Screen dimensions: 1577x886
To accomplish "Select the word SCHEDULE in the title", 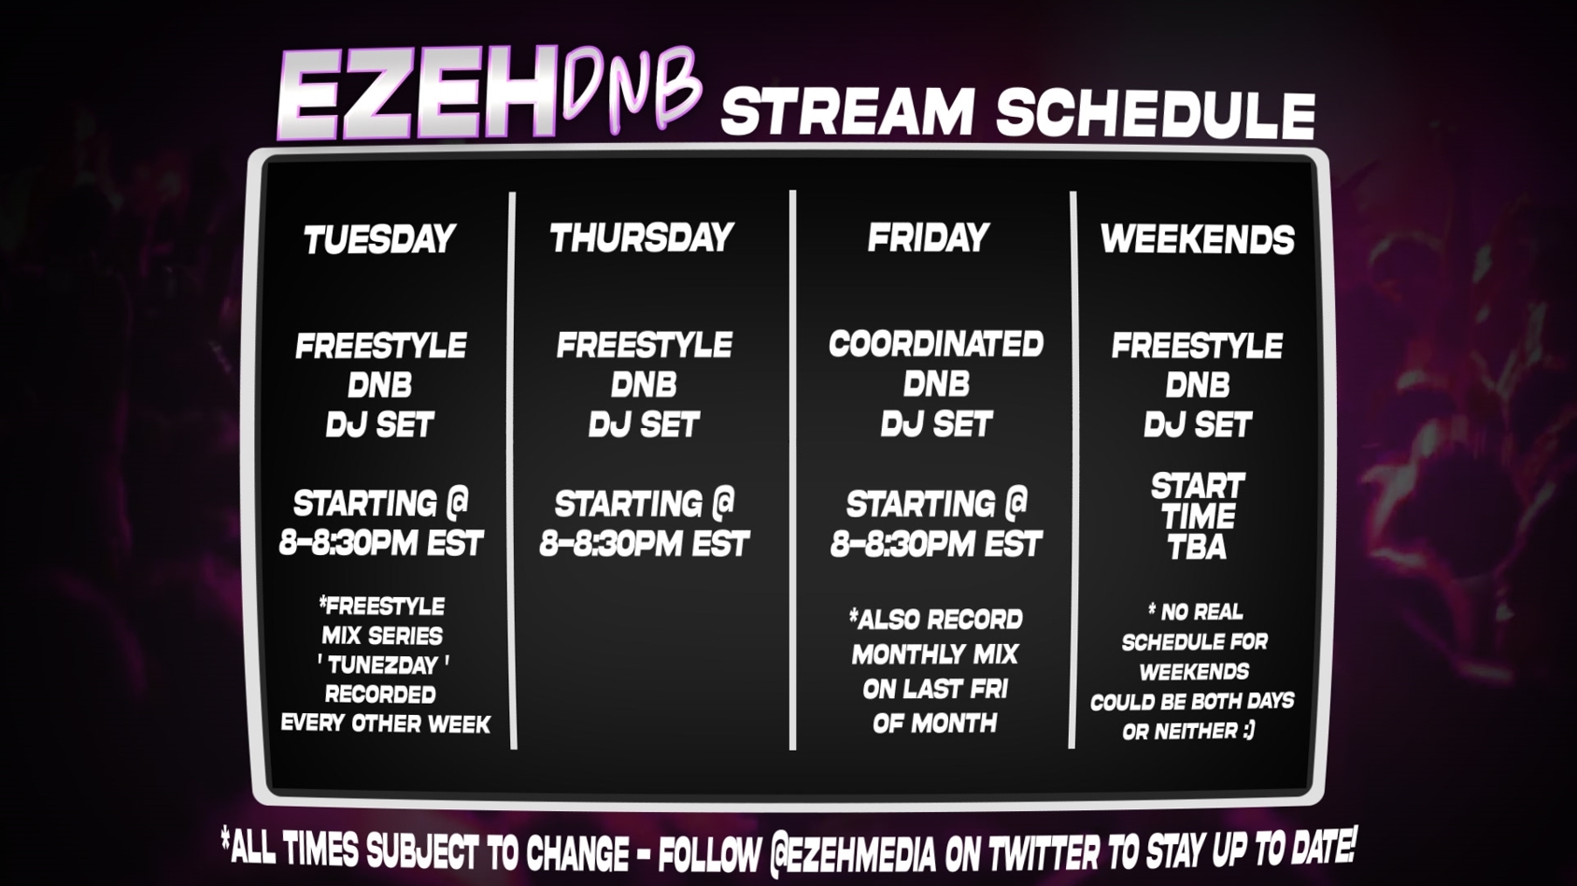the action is tap(1156, 113).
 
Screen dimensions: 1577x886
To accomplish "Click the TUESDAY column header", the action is tap(379, 239).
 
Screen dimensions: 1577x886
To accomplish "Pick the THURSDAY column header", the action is tap(642, 237).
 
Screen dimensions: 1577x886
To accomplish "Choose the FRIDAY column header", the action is tap(929, 237).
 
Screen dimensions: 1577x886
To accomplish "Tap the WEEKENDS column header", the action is tap(1198, 239).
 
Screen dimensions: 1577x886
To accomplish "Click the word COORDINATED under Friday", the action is tap(935, 344).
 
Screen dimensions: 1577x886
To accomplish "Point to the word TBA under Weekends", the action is tap(1198, 548).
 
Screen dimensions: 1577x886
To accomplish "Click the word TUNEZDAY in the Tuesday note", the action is tap(383, 664).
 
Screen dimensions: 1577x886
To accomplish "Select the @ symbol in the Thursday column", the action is tap(722, 502).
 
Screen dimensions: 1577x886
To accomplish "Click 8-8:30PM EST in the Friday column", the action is tap(935, 544).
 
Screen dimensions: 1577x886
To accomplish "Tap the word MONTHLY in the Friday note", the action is tap(899, 655).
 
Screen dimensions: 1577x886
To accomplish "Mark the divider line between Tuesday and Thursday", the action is tap(513, 470).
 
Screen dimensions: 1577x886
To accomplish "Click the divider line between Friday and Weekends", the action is tap(1073, 469).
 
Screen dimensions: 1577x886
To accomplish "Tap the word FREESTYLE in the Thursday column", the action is tap(645, 345).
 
